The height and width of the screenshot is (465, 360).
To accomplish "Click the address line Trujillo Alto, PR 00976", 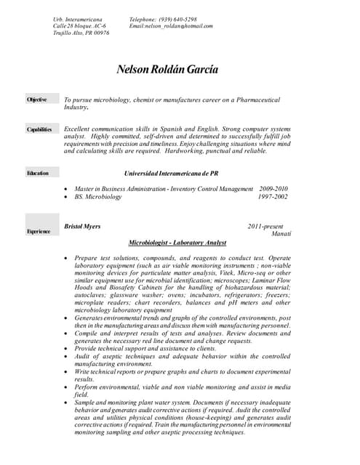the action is (x=81, y=33).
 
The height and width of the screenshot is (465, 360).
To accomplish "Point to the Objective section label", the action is (x=37, y=100).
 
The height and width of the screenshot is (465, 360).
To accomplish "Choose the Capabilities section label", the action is (x=39, y=129).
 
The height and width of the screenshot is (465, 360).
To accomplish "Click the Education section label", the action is (x=38, y=173).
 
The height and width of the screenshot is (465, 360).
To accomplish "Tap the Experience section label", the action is (x=39, y=231).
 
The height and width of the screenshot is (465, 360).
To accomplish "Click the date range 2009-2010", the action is (x=273, y=188).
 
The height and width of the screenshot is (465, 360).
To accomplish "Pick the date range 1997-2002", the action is (x=273, y=196).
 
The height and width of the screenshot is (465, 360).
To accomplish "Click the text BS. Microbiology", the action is (x=98, y=196).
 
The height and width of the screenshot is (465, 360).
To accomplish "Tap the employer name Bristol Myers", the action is (x=82, y=227).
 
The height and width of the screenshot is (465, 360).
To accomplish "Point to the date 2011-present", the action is (x=265, y=227).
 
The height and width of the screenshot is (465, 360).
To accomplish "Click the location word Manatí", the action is (x=281, y=234).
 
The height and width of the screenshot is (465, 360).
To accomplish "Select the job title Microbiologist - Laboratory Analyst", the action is (x=177, y=242).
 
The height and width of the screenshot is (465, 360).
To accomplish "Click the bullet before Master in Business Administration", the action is (x=67, y=189).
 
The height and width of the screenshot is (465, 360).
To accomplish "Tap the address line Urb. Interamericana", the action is (x=78, y=19).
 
